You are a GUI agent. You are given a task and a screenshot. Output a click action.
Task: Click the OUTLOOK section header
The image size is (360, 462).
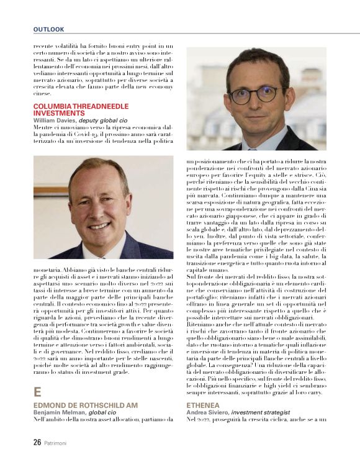click(49, 29)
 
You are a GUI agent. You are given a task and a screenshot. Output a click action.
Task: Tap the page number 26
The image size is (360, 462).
click(38, 443)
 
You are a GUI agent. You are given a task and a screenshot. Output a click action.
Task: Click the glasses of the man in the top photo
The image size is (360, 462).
click(256, 95)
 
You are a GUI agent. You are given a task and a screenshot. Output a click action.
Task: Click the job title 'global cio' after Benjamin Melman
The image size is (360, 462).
click(102, 412)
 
